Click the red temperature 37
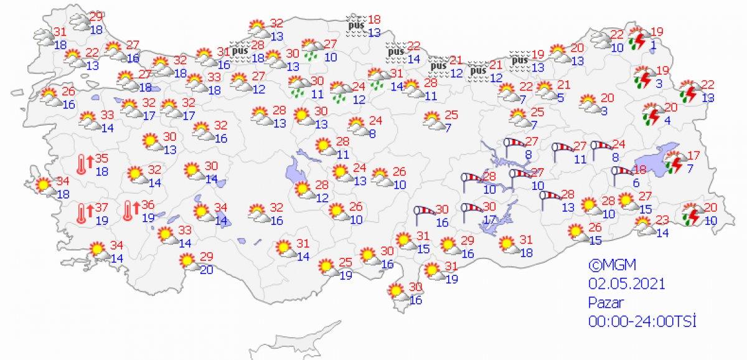pyautogui.click(x=103, y=207)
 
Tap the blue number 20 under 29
pyautogui.click(x=206, y=269)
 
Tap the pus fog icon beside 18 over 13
pyautogui.click(x=355, y=26)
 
